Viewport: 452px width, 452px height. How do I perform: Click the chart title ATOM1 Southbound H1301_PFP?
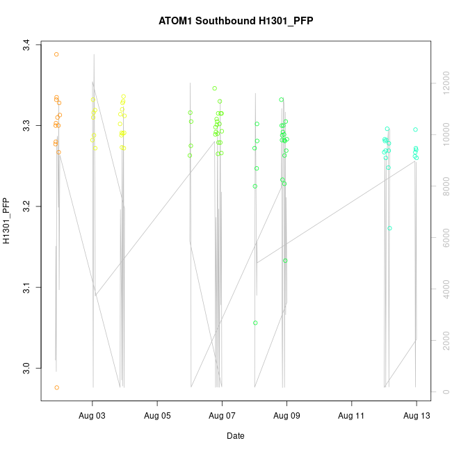point(236,21)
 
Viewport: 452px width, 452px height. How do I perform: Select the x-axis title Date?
point(235,436)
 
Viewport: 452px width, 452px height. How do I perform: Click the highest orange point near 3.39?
point(56,54)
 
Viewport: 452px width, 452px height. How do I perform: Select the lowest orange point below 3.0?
point(56,387)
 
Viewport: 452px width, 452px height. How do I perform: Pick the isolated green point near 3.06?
point(255,323)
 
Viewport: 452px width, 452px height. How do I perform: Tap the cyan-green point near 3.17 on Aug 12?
point(389,228)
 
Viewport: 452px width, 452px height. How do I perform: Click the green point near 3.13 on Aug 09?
point(285,261)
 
